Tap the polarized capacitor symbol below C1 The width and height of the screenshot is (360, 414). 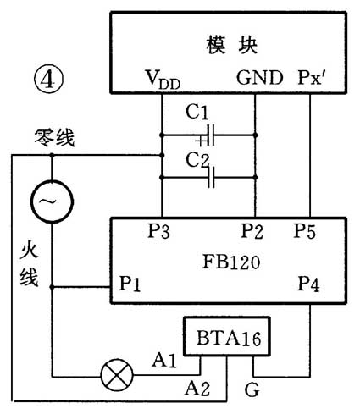tap(208, 134)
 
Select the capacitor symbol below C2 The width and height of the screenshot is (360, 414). tap(208, 179)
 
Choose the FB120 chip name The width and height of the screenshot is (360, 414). tap(227, 262)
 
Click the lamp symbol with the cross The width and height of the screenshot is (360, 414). tap(113, 373)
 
